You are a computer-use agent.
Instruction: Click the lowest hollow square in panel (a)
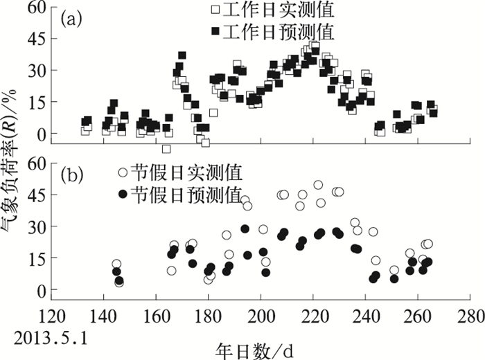pyautogui.click(x=166, y=149)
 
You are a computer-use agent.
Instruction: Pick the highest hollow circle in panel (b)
pyautogui.click(x=318, y=185)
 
